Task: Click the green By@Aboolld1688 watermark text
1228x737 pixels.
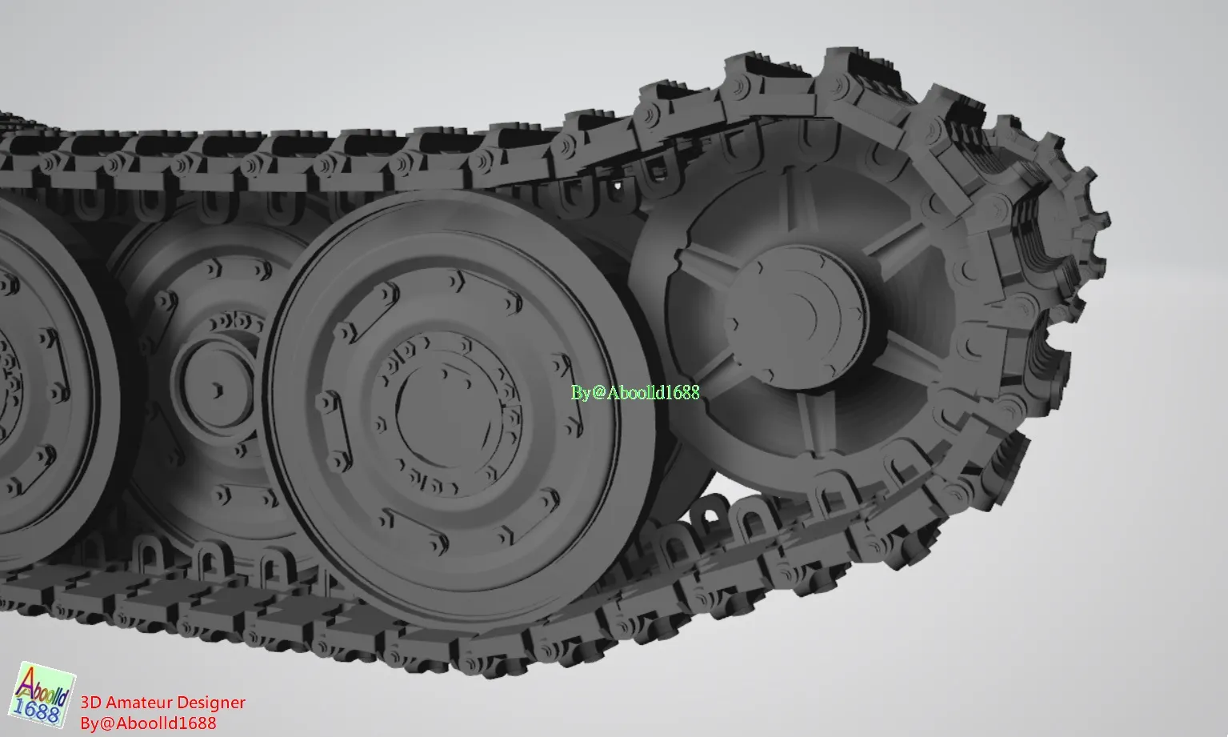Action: (635, 393)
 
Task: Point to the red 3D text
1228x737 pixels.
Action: (90, 703)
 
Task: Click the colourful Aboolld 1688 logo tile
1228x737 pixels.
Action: (42, 695)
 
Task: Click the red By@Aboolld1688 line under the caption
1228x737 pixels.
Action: (148, 723)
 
